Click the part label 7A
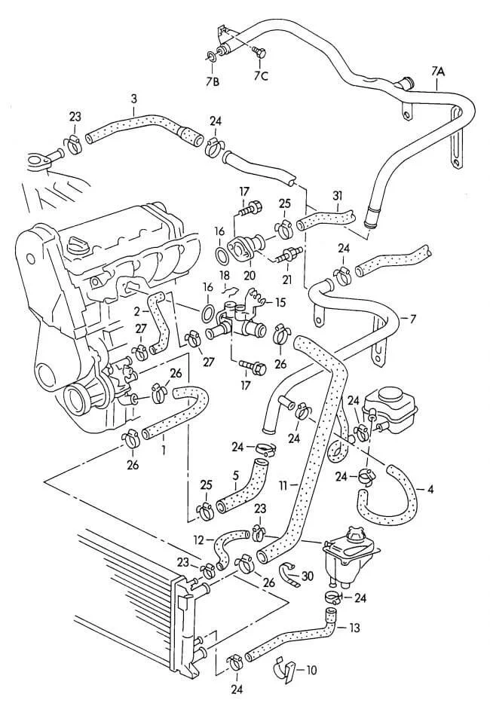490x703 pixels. pos(438,72)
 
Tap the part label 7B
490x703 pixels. pos(213,81)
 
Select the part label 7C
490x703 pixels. pos(260,76)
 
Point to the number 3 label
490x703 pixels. pos(133,98)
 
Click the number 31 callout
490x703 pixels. pos(336,194)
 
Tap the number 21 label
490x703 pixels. pos(287,280)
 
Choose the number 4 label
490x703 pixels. pos(430,490)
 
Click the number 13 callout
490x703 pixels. pos(355,627)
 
